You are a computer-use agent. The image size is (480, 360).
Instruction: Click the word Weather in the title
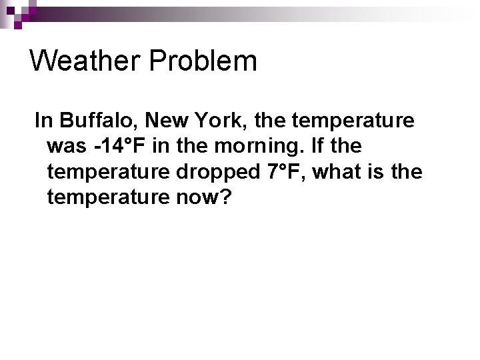tap(86, 61)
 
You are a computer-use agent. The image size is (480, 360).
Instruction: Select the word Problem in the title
tap(203, 61)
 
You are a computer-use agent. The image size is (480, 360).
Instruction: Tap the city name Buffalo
tap(98, 121)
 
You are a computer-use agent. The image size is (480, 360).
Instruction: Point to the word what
tap(337, 172)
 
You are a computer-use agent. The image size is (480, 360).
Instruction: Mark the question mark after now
tap(223, 197)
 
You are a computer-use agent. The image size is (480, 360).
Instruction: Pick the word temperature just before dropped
tap(109, 172)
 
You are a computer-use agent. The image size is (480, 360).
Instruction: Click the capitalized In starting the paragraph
tap(43, 121)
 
